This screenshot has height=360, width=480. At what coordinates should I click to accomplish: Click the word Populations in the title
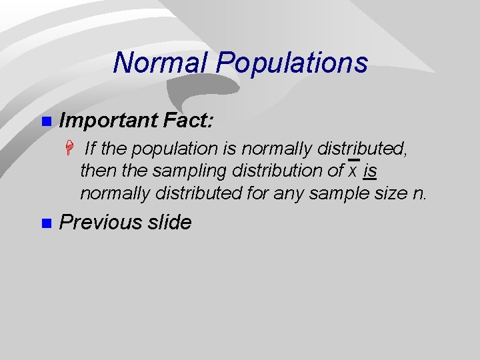[x=292, y=63]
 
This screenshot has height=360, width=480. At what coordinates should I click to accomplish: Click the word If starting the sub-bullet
[x=91, y=148]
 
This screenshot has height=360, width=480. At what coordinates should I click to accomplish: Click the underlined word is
[x=371, y=171]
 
